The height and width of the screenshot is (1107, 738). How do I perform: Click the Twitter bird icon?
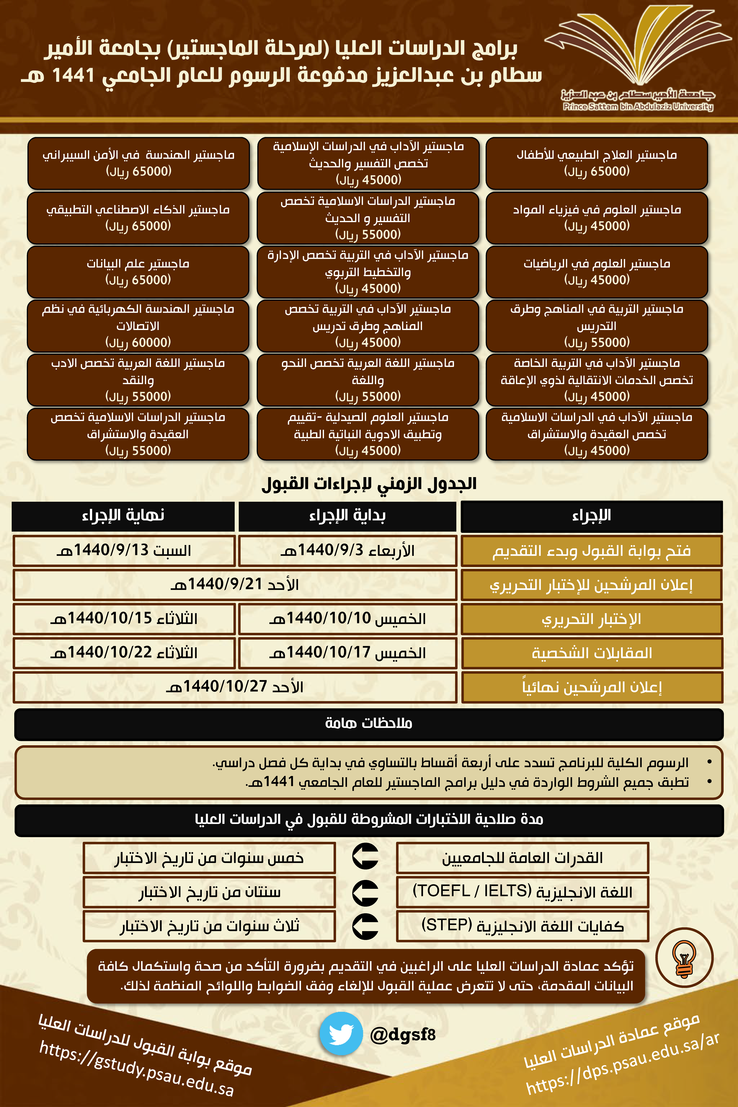pyautogui.click(x=341, y=1034)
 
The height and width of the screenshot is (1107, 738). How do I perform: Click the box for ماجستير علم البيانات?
pyautogui.click(x=138, y=272)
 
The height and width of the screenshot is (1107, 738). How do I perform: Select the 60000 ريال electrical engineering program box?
pyautogui.click(x=138, y=326)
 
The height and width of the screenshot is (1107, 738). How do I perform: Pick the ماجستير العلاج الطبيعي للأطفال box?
pyautogui.click(x=597, y=163)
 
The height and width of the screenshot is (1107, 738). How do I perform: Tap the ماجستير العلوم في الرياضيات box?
pyautogui.click(x=597, y=272)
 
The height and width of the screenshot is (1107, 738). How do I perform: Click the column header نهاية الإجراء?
pyautogui.click(x=123, y=516)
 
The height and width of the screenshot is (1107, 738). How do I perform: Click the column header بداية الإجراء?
pyautogui.click(x=347, y=516)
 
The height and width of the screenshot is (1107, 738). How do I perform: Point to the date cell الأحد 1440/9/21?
pyautogui.click(x=234, y=585)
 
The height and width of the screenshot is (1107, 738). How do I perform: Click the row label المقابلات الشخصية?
pyautogui.click(x=592, y=653)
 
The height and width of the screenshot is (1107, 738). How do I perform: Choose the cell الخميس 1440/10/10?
pyautogui.click(x=347, y=618)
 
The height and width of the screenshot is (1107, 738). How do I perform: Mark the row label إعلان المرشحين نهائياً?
pyautogui.click(x=592, y=687)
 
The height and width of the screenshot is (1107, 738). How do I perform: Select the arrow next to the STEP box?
pyautogui.click(x=365, y=926)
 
